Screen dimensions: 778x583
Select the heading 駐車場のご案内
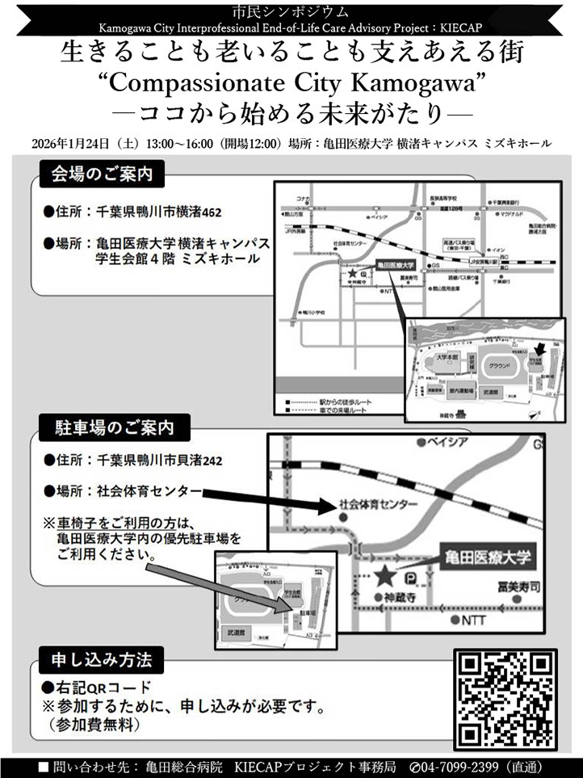(x=112, y=425)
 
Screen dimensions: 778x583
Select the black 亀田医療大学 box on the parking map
(x=489, y=557)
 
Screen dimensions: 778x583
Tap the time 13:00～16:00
(x=178, y=144)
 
